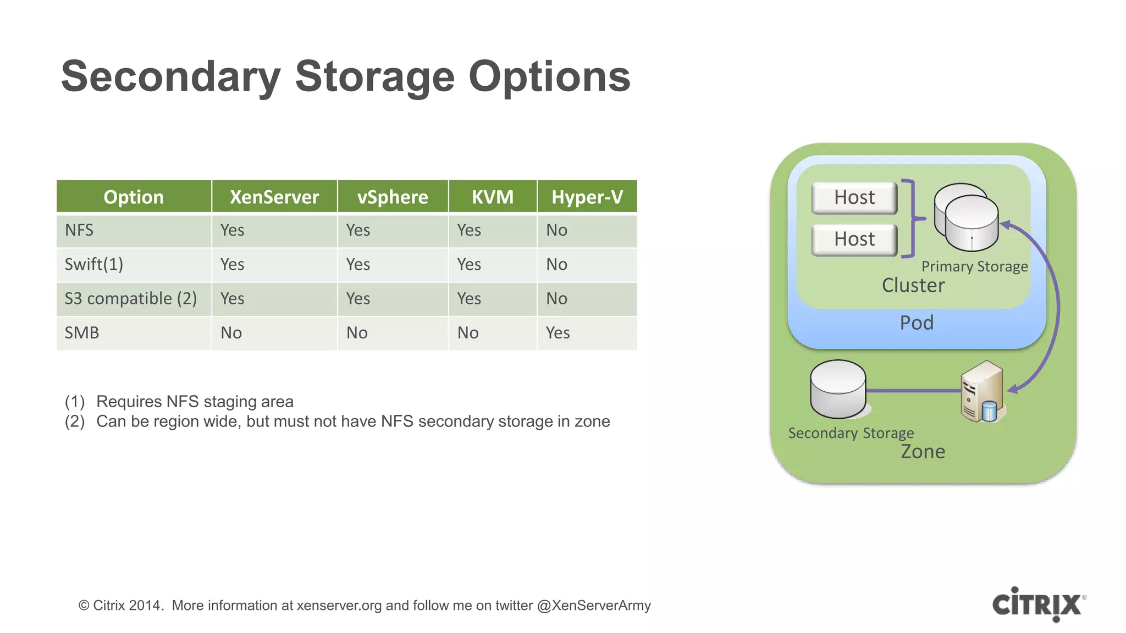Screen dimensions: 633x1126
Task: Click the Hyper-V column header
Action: [x=587, y=197]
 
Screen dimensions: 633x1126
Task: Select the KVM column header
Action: [x=492, y=197]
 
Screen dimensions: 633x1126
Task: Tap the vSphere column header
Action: [x=393, y=197]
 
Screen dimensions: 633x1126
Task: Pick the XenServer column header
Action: [x=274, y=197]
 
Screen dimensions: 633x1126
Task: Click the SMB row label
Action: [x=82, y=333]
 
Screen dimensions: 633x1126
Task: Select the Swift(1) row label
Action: [x=94, y=264]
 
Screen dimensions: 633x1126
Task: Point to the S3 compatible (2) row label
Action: [x=131, y=298]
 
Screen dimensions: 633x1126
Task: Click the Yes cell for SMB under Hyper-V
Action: [x=558, y=333]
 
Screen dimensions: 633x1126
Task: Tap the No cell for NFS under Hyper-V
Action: [x=556, y=230]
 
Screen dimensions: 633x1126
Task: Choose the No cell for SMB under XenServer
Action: [x=231, y=333]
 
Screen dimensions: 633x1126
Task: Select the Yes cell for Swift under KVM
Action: [x=469, y=264]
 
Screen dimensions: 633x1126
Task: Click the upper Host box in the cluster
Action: [x=854, y=197]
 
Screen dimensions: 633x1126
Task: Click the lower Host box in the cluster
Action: [x=854, y=239]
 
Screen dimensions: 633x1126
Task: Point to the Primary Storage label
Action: [x=974, y=266]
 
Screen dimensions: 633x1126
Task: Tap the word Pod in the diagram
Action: [x=917, y=323]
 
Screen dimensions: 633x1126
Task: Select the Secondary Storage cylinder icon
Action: [x=838, y=389]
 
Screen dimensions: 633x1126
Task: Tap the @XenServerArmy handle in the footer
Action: [x=594, y=606]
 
